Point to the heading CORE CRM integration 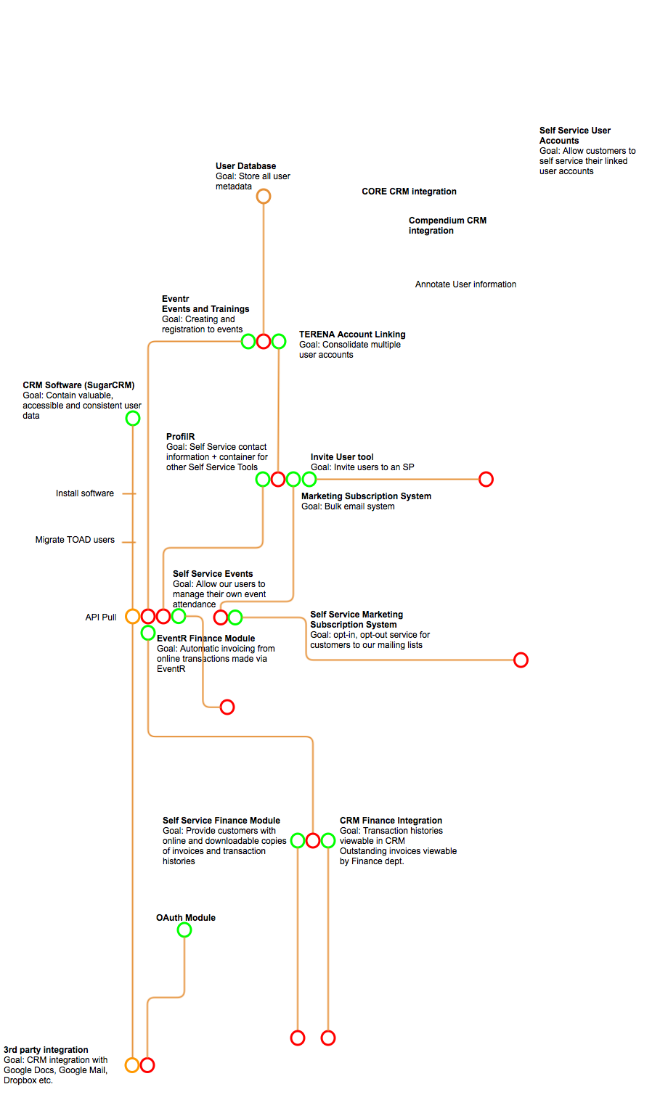[409, 192]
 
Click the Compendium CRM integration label [448, 226]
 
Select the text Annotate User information [465, 284]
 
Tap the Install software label [84, 493]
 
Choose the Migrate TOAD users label [75, 540]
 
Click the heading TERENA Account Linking [352, 334]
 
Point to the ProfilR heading [180, 437]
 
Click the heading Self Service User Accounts [575, 136]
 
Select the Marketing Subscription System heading [366, 496]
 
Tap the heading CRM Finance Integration [391, 820]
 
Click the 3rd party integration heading [46, 1049]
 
